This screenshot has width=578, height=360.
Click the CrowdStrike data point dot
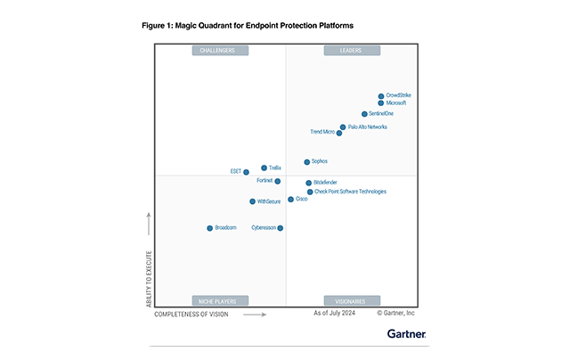(x=381, y=95)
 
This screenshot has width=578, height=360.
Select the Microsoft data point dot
(x=380, y=103)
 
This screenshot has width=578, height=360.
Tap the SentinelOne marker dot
(x=364, y=114)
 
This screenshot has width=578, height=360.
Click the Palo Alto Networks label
(x=368, y=127)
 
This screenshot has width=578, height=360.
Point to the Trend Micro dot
(x=339, y=133)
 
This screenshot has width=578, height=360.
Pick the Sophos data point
(x=307, y=162)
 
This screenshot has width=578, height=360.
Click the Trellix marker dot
(x=264, y=168)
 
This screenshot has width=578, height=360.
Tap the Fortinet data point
(x=278, y=181)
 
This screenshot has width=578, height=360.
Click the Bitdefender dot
(x=309, y=183)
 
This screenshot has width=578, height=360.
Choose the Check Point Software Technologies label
(x=351, y=192)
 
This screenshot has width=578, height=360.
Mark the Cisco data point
(x=290, y=200)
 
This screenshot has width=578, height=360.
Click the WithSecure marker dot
(x=253, y=201)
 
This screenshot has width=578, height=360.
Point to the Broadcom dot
(x=210, y=228)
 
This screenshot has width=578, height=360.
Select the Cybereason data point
(x=281, y=228)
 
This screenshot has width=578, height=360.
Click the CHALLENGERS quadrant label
(x=220, y=51)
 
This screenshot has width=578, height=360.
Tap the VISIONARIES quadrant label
(x=352, y=301)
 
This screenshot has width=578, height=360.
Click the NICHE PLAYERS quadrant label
(x=220, y=301)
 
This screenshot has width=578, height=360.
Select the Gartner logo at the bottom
(x=406, y=334)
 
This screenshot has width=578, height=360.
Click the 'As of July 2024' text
(x=335, y=314)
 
